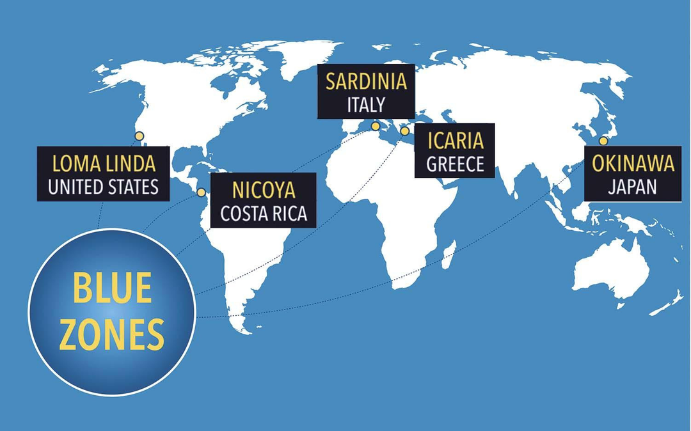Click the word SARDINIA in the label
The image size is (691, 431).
tap(366, 82)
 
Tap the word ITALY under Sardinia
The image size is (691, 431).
tap(366, 104)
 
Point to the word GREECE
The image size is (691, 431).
tap(455, 164)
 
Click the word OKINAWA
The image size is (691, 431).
tap(633, 164)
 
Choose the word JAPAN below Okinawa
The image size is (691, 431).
tap(632, 187)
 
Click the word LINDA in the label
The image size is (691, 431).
tap(132, 164)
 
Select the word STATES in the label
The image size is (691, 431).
tap(130, 187)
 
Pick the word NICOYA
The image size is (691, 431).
tap(264, 191)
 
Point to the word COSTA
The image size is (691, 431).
tap(244, 214)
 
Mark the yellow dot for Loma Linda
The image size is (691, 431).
tap(139, 136)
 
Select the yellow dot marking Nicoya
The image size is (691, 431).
tap(201, 192)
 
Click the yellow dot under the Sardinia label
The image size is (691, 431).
tap(375, 126)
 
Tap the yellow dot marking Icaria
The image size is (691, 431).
tap(404, 131)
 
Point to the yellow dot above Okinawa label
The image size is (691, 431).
tap(603, 141)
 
